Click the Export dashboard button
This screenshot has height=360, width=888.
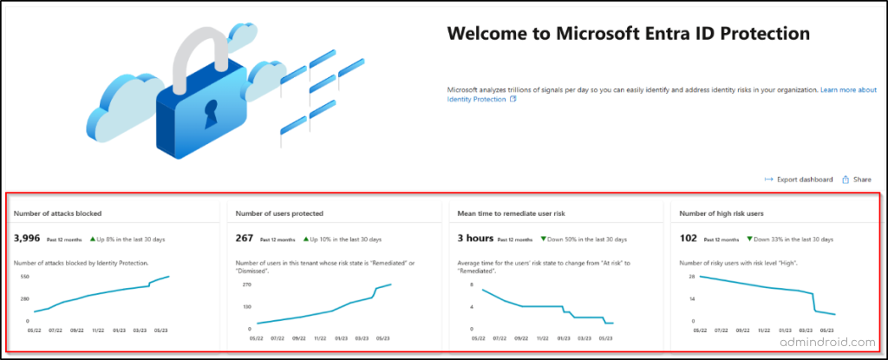pyautogui.click(x=798, y=180)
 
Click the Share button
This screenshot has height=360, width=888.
pyautogui.click(x=857, y=180)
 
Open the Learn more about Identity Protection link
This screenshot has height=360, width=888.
pyautogui.click(x=661, y=95)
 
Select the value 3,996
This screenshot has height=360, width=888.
pyautogui.click(x=27, y=238)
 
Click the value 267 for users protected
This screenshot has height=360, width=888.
pyautogui.click(x=245, y=238)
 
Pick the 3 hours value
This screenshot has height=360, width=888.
pyautogui.click(x=475, y=238)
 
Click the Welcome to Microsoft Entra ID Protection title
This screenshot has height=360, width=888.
pyautogui.click(x=628, y=34)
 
